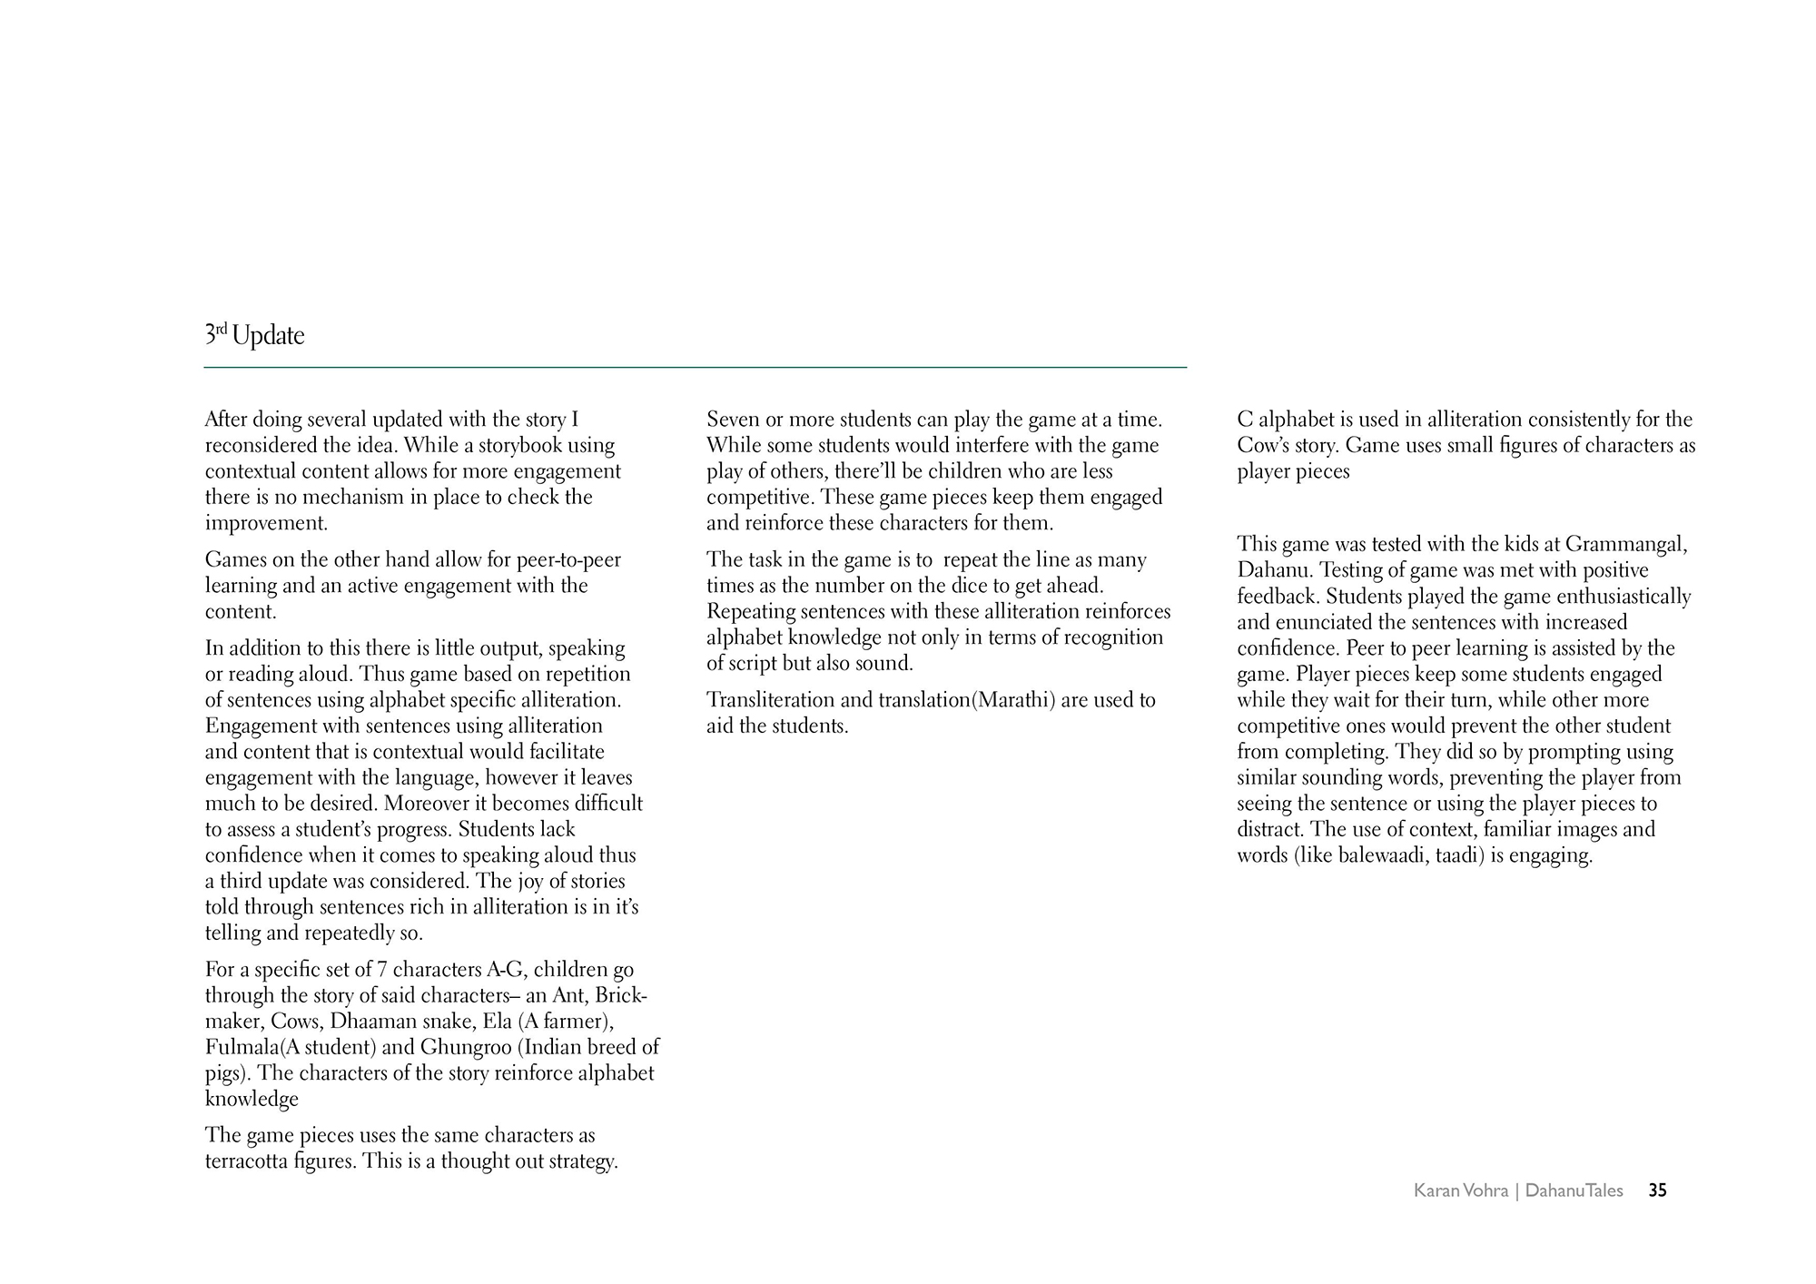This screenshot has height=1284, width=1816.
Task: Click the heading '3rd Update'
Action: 255,336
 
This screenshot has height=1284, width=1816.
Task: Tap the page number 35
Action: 1657,1190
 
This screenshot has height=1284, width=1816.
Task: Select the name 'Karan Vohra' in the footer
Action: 1460,1190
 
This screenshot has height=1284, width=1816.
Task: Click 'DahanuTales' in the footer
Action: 1574,1190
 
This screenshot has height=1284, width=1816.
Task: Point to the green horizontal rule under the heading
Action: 695,367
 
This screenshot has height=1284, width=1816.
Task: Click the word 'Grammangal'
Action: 1625,545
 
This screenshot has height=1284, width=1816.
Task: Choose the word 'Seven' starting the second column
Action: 733,420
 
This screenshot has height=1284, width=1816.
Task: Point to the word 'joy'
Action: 536,882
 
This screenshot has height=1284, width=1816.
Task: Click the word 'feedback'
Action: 1273,597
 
